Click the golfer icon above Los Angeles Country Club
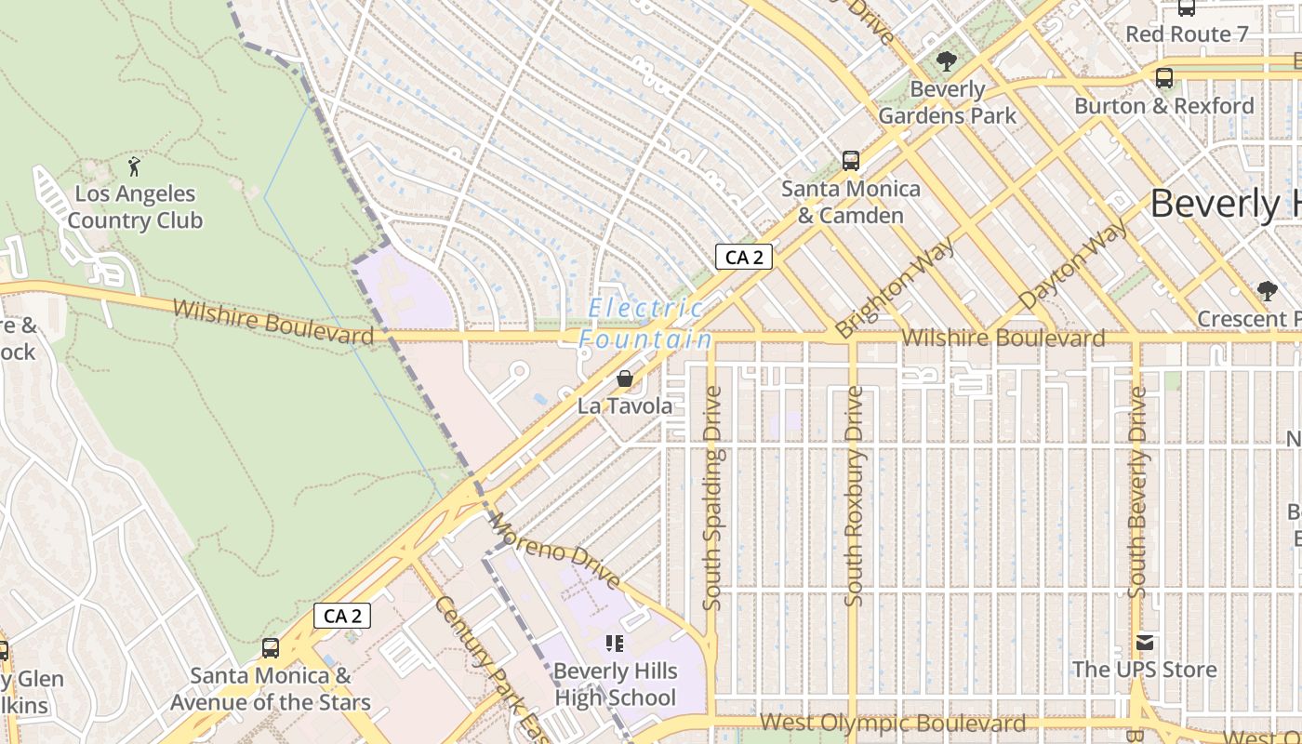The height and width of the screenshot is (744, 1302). pos(135,167)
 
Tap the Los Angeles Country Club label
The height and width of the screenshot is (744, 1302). pos(135,207)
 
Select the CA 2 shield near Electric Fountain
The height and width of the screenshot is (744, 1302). pos(744,257)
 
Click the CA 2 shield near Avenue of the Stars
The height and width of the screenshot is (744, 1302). pos(342,616)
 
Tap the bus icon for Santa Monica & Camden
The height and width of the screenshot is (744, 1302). pos(850,161)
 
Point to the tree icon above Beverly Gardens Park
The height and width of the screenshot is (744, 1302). pos(947,62)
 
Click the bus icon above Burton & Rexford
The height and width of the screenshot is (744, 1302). pos(1163,78)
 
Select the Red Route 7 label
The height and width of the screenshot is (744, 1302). pos(1187,34)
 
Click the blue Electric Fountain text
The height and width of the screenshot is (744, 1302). pos(645,324)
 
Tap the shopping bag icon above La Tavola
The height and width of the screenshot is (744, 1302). pos(625,379)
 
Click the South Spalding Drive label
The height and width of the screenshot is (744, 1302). pos(713,498)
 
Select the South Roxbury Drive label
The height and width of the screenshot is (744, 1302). pos(854,497)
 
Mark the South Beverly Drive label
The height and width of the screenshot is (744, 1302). pos(1136,493)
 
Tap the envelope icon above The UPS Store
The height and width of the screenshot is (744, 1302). pos(1144,643)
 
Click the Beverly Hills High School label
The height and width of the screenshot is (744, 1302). pos(615,684)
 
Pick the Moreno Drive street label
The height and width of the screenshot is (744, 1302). pos(554,551)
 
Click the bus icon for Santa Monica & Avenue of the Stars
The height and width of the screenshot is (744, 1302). pos(271,648)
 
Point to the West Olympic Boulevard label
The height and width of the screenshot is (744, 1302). pos(893,723)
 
